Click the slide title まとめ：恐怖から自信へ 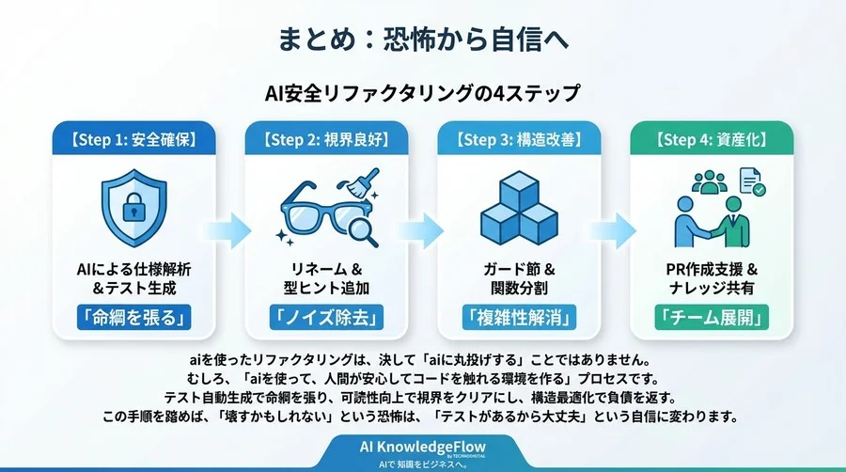point(423,40)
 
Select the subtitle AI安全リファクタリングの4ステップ point(423,94)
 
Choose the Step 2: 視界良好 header point(326,140)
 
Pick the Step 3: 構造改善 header point(520,140)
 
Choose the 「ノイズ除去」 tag point(326,318)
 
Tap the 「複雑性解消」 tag point(520,318)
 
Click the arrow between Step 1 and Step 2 point(230,228)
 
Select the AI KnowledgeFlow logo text point(423,446)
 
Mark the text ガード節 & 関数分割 point(520,277)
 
